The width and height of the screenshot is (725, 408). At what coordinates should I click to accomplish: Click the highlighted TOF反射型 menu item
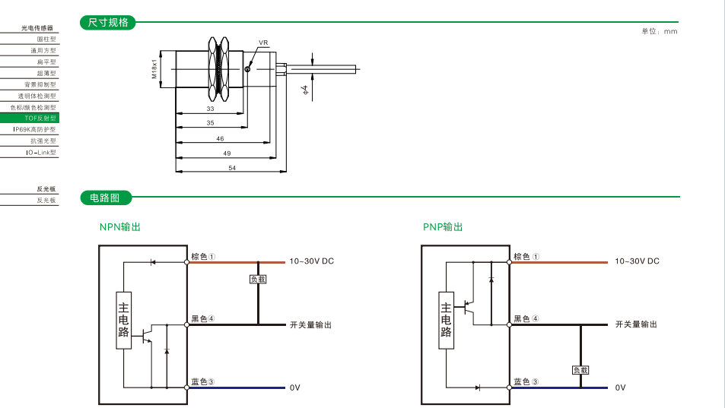coord(40,119)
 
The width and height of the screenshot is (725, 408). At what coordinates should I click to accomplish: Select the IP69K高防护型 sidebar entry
coord(34,130)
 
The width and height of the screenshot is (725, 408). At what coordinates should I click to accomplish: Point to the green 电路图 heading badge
coord(106,198)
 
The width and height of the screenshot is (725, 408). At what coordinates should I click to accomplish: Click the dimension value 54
coord(231,168)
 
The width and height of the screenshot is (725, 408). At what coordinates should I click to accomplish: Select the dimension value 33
coord(210,109)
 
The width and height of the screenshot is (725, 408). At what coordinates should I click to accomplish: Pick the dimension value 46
coord(220,138)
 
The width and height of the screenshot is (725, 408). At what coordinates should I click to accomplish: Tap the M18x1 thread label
coord(154,68)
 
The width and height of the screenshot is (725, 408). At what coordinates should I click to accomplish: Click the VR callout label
coord(263,43)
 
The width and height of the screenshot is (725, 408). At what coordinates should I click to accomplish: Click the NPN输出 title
coord(120,227)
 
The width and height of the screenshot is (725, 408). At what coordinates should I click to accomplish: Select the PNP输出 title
coord(443,227)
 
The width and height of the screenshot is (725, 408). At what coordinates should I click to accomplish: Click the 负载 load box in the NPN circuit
coord(259,279)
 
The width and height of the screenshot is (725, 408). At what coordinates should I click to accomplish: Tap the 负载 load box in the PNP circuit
coord(580,370)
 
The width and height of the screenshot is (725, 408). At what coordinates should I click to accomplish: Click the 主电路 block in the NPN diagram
coord(123,320)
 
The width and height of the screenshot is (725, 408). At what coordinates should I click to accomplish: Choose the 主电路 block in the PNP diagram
coord(447,320)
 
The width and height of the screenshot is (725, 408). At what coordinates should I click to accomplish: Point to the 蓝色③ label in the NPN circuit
coord(202,381)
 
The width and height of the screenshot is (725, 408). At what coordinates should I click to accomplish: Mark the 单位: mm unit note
coord(659,31)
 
